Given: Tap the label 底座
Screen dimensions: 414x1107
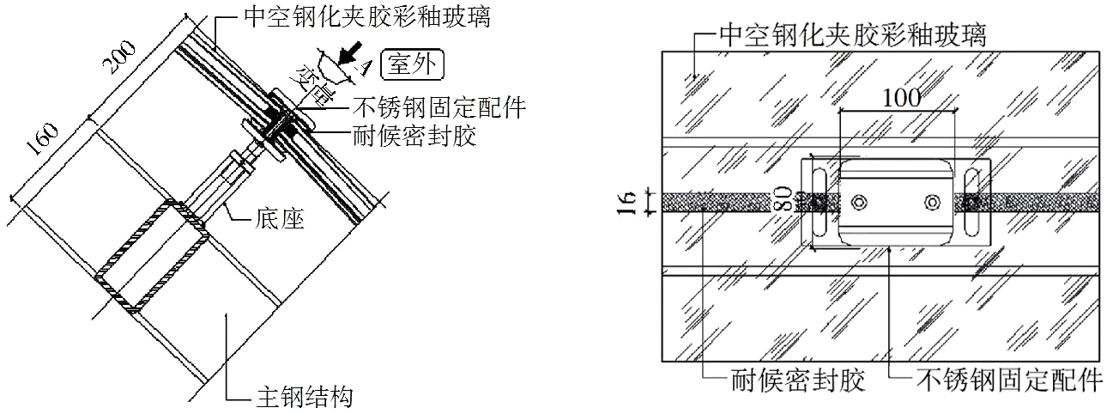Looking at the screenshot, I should click(x=281, y=220).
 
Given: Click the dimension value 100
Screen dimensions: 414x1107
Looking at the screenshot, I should click(x=900, y=98).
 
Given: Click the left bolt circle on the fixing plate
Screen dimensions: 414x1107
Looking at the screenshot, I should click(x=859, y=202).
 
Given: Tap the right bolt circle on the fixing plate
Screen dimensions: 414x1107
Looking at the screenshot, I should click(x=933, y=202).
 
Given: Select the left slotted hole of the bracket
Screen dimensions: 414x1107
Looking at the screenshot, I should click(x=820, y=202).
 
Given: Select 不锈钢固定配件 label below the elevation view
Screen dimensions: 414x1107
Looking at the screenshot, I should click(x=1007, y=379).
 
